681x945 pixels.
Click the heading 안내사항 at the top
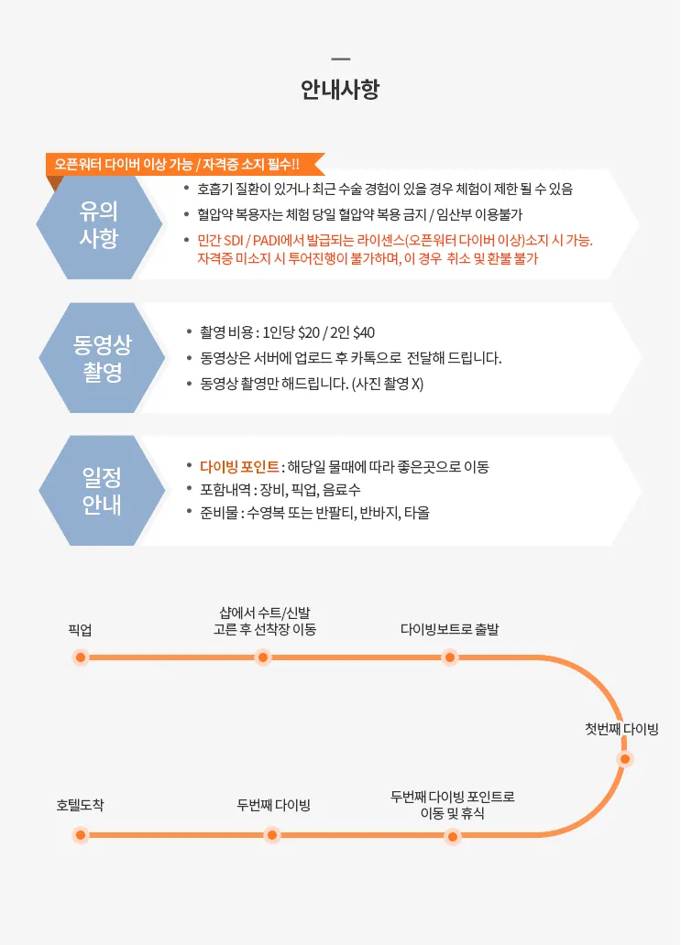(x=340, y=90)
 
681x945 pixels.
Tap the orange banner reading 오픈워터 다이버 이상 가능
(x=184, y=164)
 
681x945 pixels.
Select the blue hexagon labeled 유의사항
(x=99, y=224)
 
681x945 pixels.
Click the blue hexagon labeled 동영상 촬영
(x=102, y=358)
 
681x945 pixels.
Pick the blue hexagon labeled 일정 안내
(x=102, y=491)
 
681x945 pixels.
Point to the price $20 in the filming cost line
(x=309, y=332)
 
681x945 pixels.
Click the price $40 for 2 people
(x=364, y=332)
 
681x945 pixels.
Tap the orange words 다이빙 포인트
(x=239, y=466)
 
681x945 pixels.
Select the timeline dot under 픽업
(x=81, y=657)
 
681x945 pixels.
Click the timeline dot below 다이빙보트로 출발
(x=449, y=657)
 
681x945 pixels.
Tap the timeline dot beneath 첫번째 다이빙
(x=625, y=759)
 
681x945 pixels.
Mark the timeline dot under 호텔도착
(x=81, y=835)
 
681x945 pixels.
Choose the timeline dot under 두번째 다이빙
(x=272, y=835)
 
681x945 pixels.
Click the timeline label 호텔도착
(x=81, y=805)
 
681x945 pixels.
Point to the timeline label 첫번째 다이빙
(x=622, y=729)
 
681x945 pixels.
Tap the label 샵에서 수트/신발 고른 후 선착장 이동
(x=265, y=622)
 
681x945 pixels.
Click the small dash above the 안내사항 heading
(x=341, y=59)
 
